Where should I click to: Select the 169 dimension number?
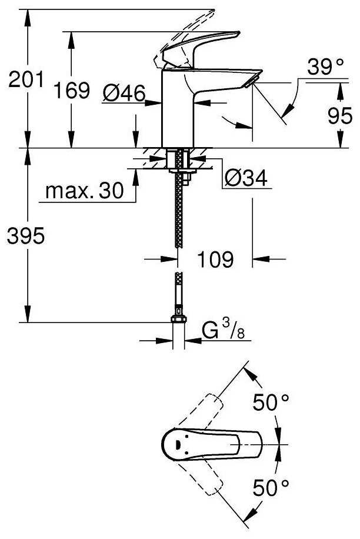pos(72,91)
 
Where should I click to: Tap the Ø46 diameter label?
pos(124,93)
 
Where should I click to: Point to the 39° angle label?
pos(325,66)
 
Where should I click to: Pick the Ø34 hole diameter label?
pos(246,178)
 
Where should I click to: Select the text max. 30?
pos(85,190)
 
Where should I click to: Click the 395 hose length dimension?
pos(26,235)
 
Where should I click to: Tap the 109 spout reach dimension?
pos(215,259)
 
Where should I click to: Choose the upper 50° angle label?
pos(271,402)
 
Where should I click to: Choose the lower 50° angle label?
pos(271,487)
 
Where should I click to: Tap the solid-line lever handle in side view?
pos(201,46)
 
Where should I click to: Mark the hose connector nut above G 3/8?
pos(178,319)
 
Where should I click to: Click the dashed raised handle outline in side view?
pos(184,38)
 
